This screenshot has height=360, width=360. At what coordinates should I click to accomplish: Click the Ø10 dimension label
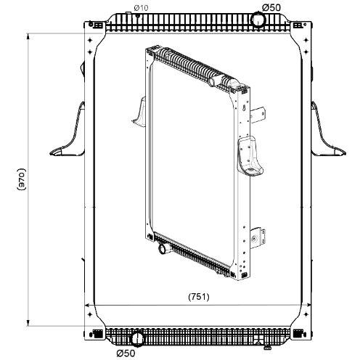point(141,8)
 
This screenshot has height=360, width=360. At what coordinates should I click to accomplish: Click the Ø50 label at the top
point(271,7)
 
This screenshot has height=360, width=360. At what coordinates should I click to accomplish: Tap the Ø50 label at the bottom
point(126,353)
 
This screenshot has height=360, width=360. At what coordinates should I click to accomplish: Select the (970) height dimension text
point(22,179)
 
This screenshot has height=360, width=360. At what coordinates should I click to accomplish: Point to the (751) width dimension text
point(199,297)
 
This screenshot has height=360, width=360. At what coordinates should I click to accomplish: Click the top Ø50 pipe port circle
point(258,20)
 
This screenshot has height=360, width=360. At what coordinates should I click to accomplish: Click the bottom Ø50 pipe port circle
point(138,339)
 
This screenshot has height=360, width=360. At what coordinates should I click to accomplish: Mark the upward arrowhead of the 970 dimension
point(28,36)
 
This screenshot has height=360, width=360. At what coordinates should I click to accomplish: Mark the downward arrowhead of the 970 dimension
point(28,322)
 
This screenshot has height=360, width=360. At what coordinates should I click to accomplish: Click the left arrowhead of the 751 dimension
point(89,306)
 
